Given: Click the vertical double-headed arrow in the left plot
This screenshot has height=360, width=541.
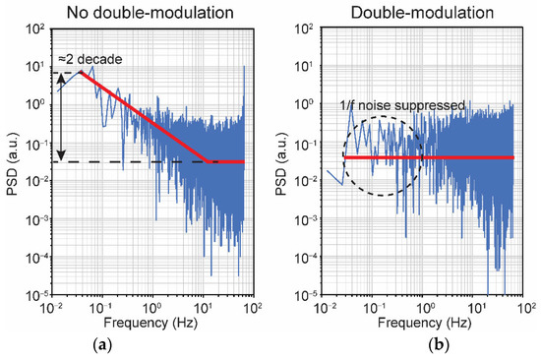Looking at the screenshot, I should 61,115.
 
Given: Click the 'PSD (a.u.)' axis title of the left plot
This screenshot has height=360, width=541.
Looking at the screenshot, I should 11,162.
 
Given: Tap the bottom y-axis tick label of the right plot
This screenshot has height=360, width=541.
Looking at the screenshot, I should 306,295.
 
